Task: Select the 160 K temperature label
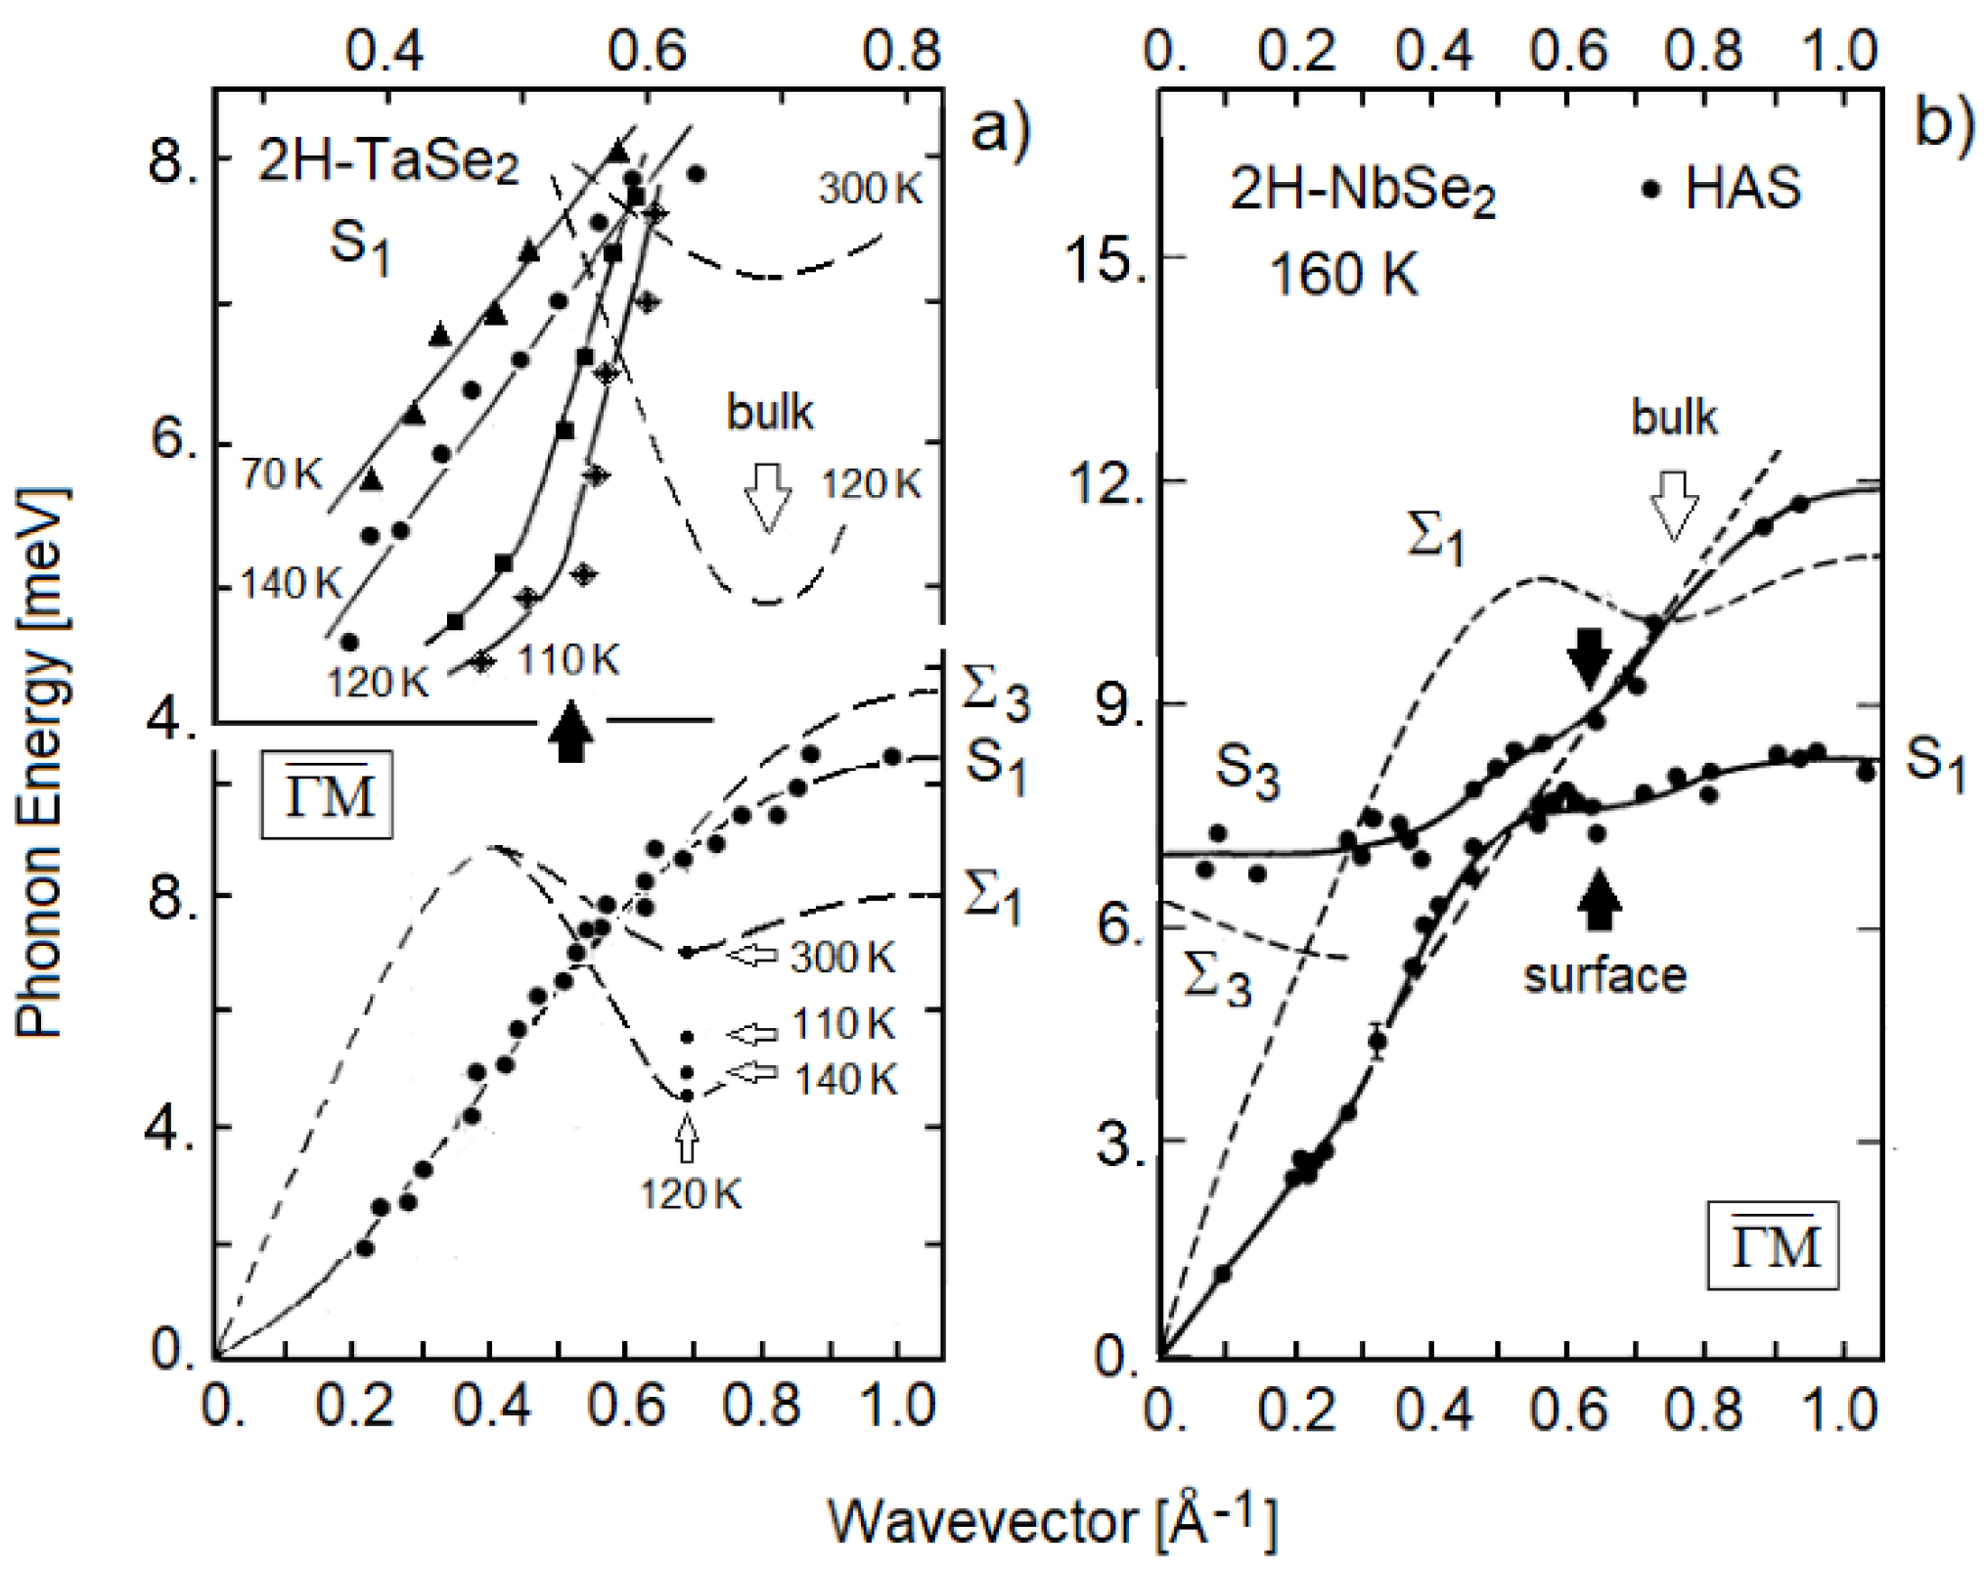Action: (1342, 274)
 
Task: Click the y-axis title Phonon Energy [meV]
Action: (41, 763)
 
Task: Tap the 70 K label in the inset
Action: (282, 473)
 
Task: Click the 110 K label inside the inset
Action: (567, 660)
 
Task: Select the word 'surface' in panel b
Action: (1604, 975)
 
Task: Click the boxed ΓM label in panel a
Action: (327, 794)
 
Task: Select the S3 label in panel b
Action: (1246, 771)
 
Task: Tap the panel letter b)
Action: (1942, 125)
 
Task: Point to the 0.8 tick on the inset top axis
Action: (901, 49)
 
